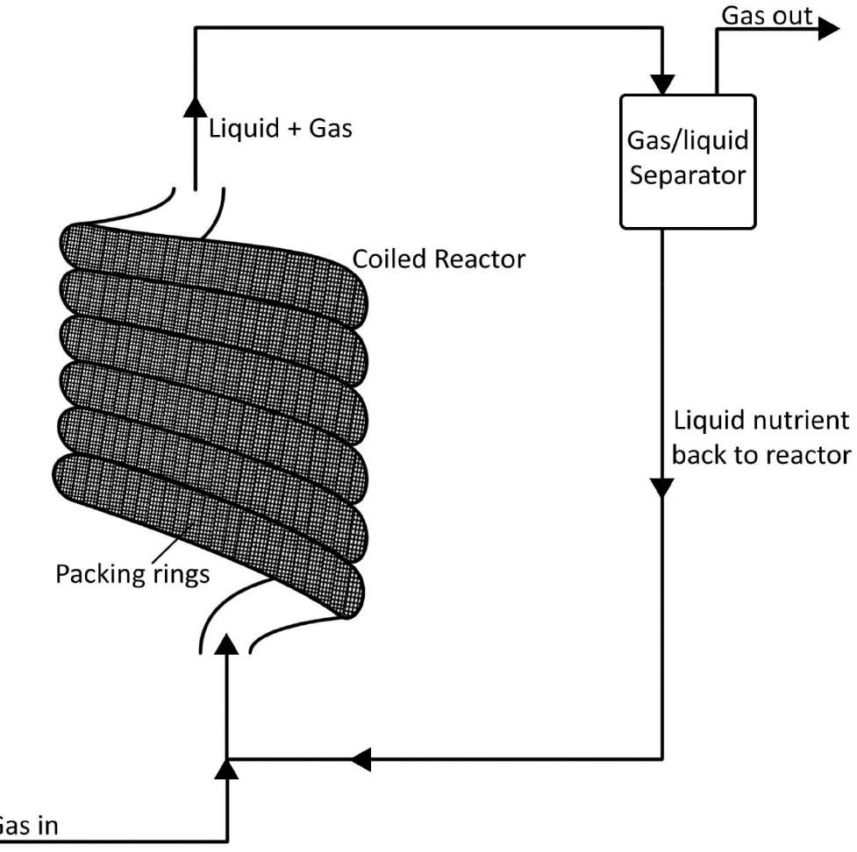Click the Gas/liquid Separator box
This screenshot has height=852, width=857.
687,161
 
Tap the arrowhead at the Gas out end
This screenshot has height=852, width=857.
827,27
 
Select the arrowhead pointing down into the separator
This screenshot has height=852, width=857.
663,82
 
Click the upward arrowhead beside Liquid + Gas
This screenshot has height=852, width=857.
194,108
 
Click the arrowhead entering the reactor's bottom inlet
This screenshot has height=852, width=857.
227,646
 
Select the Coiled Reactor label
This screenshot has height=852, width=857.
439,259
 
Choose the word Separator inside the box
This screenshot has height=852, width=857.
687,174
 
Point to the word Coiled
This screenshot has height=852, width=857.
391,259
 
